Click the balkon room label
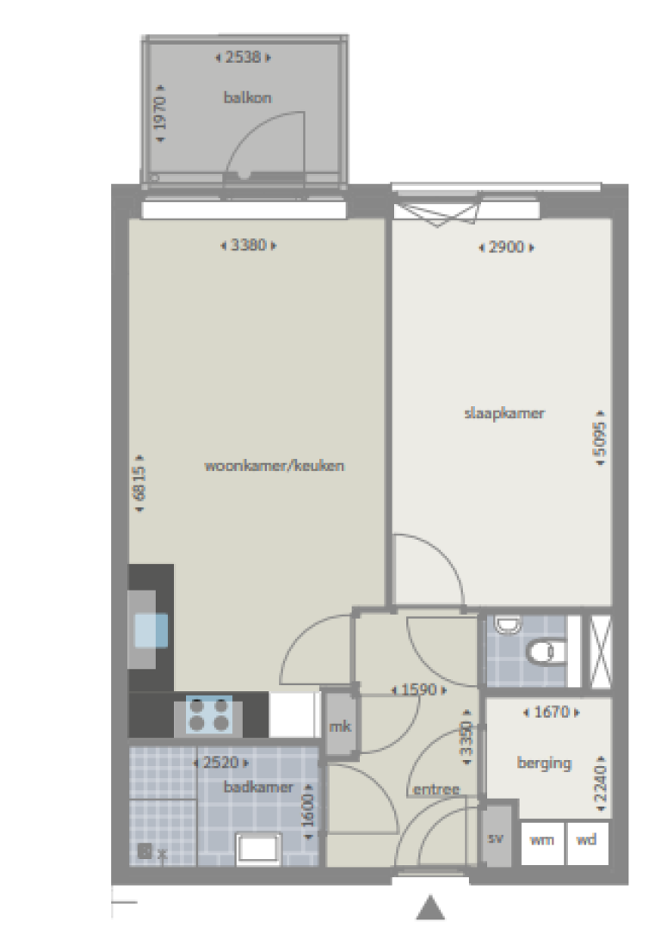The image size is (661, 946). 247,97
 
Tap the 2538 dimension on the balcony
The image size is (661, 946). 243,58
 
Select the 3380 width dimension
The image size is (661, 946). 249,245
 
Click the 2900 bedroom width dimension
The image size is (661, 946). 507,247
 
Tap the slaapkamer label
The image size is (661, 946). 504,413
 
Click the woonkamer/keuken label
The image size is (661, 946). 275,466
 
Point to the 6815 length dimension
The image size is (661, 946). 140,483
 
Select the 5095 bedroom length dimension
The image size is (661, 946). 601,438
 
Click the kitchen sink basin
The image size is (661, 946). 151,630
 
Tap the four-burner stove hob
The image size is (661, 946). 208,714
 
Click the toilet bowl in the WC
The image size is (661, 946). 545,652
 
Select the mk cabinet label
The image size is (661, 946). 340,727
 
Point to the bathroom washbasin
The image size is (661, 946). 258,849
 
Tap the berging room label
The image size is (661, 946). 544,764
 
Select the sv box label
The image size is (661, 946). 496,838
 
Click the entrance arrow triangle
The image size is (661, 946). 430,908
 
